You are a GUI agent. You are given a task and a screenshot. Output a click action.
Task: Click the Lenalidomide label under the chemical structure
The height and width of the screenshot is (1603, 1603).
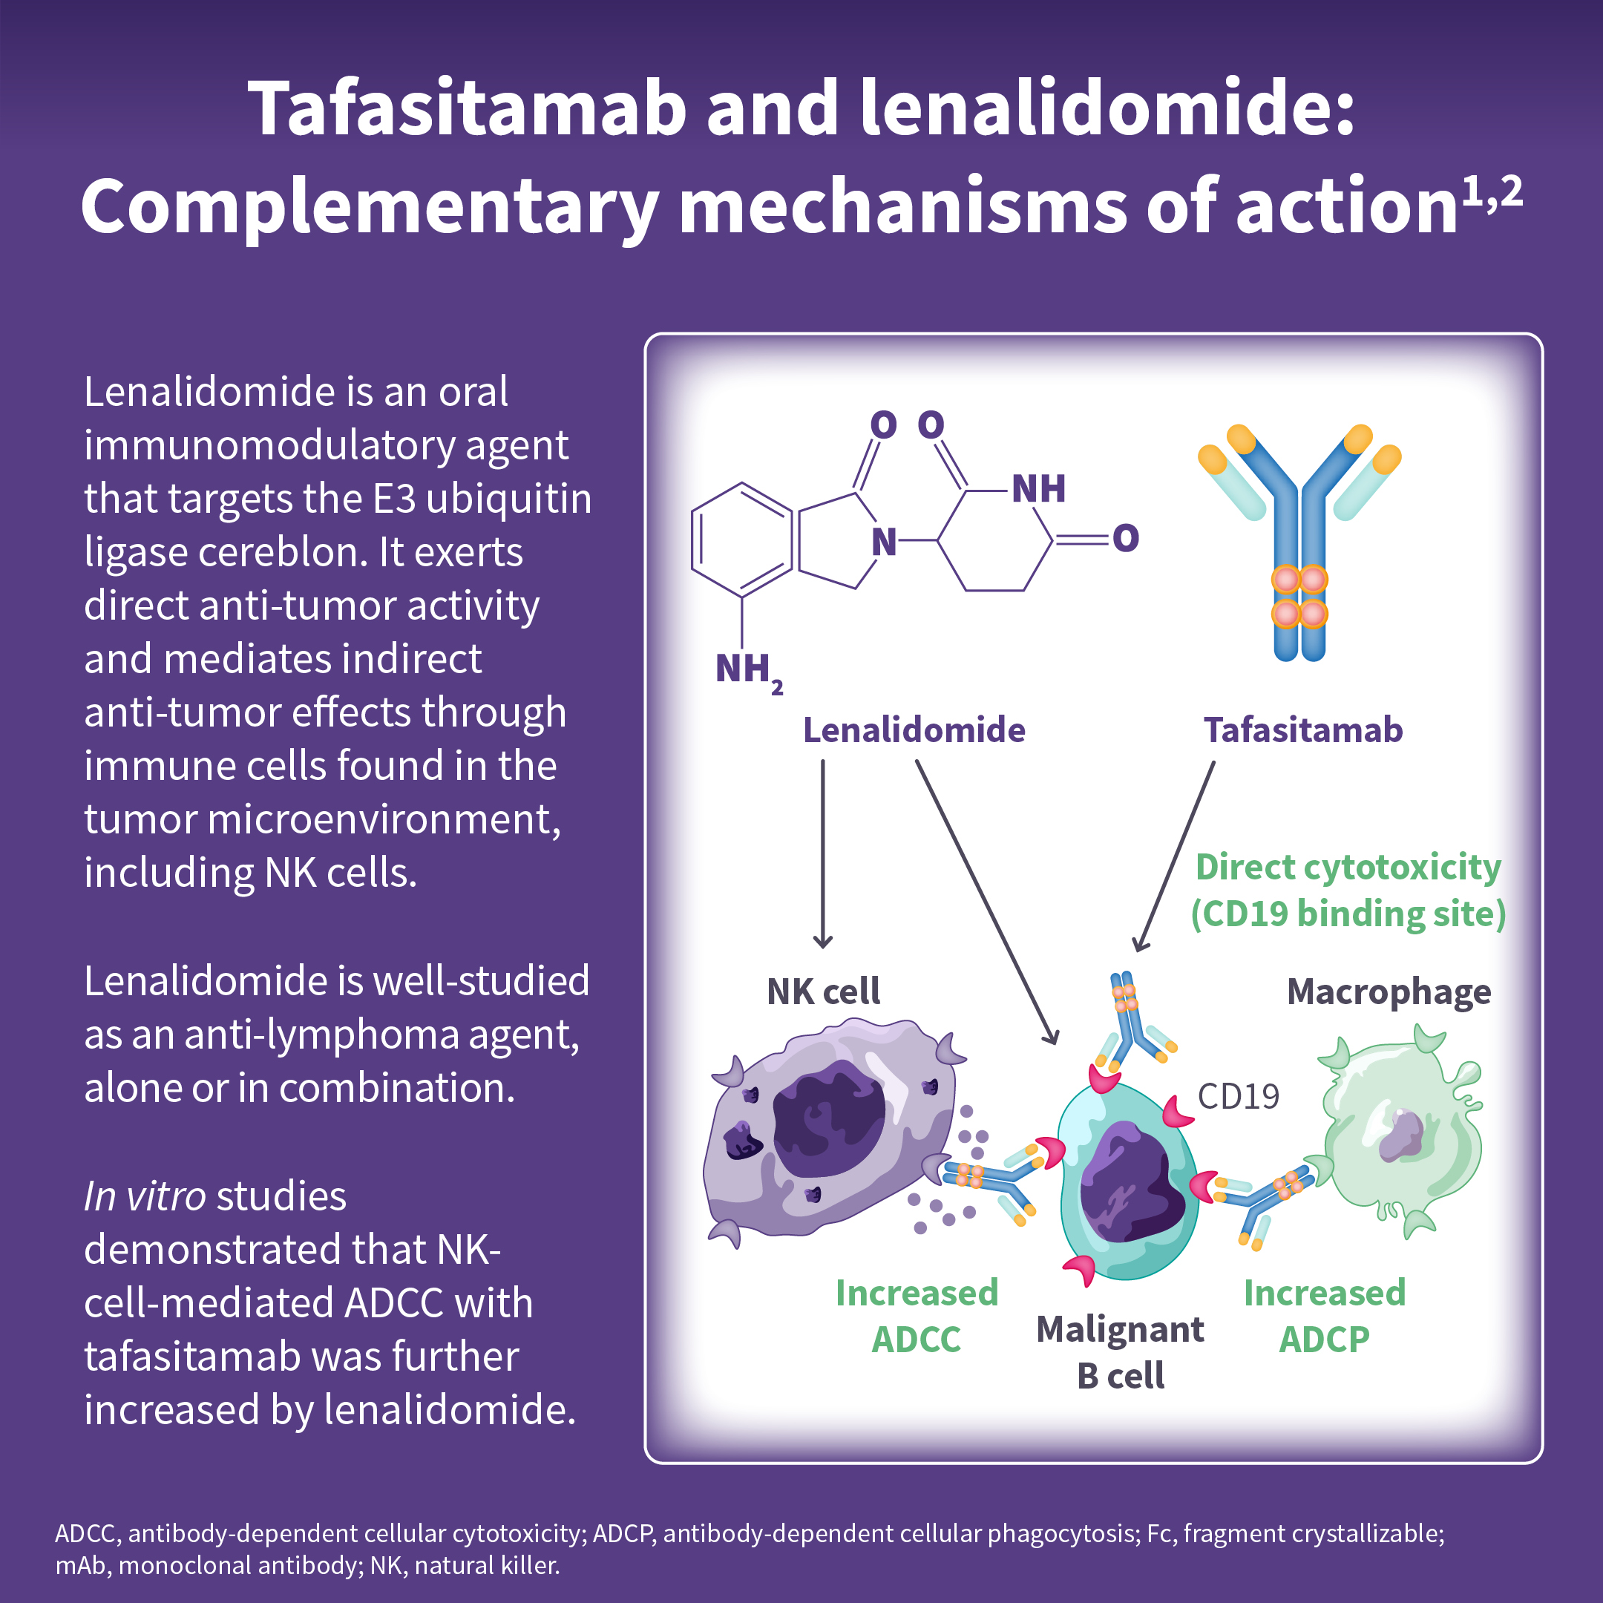(914, 730)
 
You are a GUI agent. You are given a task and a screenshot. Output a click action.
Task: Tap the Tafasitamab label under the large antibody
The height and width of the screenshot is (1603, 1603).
(1302, 730)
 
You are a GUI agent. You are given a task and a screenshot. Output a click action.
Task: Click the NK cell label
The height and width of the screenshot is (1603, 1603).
(823, 991)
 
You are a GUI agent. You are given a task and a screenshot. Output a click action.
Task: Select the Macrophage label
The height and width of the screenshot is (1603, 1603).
(1388, 991)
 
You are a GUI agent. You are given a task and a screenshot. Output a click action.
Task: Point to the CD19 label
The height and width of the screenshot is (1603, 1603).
(1238, 1097)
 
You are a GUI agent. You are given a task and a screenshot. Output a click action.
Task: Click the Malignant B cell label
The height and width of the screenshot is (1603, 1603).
(1120, 1352)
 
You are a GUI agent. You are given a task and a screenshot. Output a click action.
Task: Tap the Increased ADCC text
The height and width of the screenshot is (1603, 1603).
(916, 1316)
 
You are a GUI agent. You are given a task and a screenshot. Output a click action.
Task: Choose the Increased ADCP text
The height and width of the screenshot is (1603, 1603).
(1324, 1316)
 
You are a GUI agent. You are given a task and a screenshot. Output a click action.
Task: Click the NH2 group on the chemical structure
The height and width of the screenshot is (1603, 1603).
(747, 670)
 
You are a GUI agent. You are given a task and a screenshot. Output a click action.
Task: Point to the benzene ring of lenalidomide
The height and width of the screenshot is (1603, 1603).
(741, 540)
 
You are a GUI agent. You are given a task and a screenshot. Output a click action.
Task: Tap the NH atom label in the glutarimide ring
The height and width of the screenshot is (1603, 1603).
(1039, 490)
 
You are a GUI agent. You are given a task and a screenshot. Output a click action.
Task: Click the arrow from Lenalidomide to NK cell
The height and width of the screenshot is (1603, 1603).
(823, 855)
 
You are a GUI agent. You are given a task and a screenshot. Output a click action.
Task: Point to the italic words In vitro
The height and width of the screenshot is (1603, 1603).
(145, 1196)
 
